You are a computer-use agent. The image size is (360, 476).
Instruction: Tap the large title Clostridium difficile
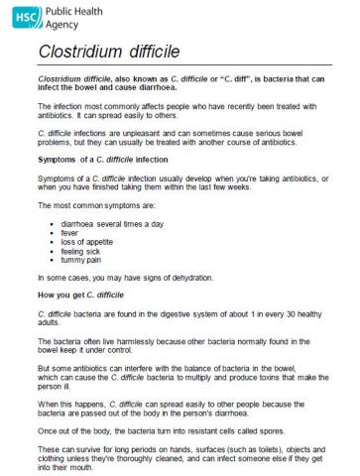[x=110, y=51]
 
